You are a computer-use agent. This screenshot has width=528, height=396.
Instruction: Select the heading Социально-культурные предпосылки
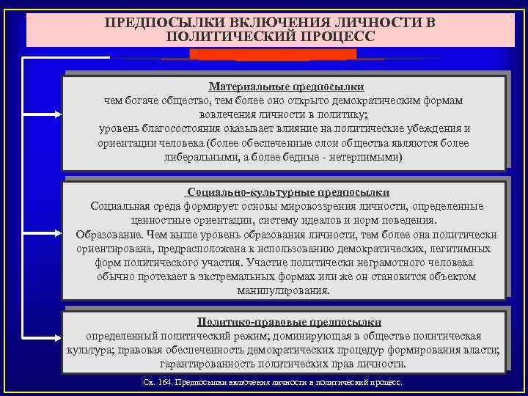(x=287, y=192)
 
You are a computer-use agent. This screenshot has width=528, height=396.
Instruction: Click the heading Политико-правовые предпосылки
(x=289, y=322)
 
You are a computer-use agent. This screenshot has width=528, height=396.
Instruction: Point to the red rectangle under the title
(x=273, y=55)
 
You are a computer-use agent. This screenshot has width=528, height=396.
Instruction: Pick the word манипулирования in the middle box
(x=284, y=290)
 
